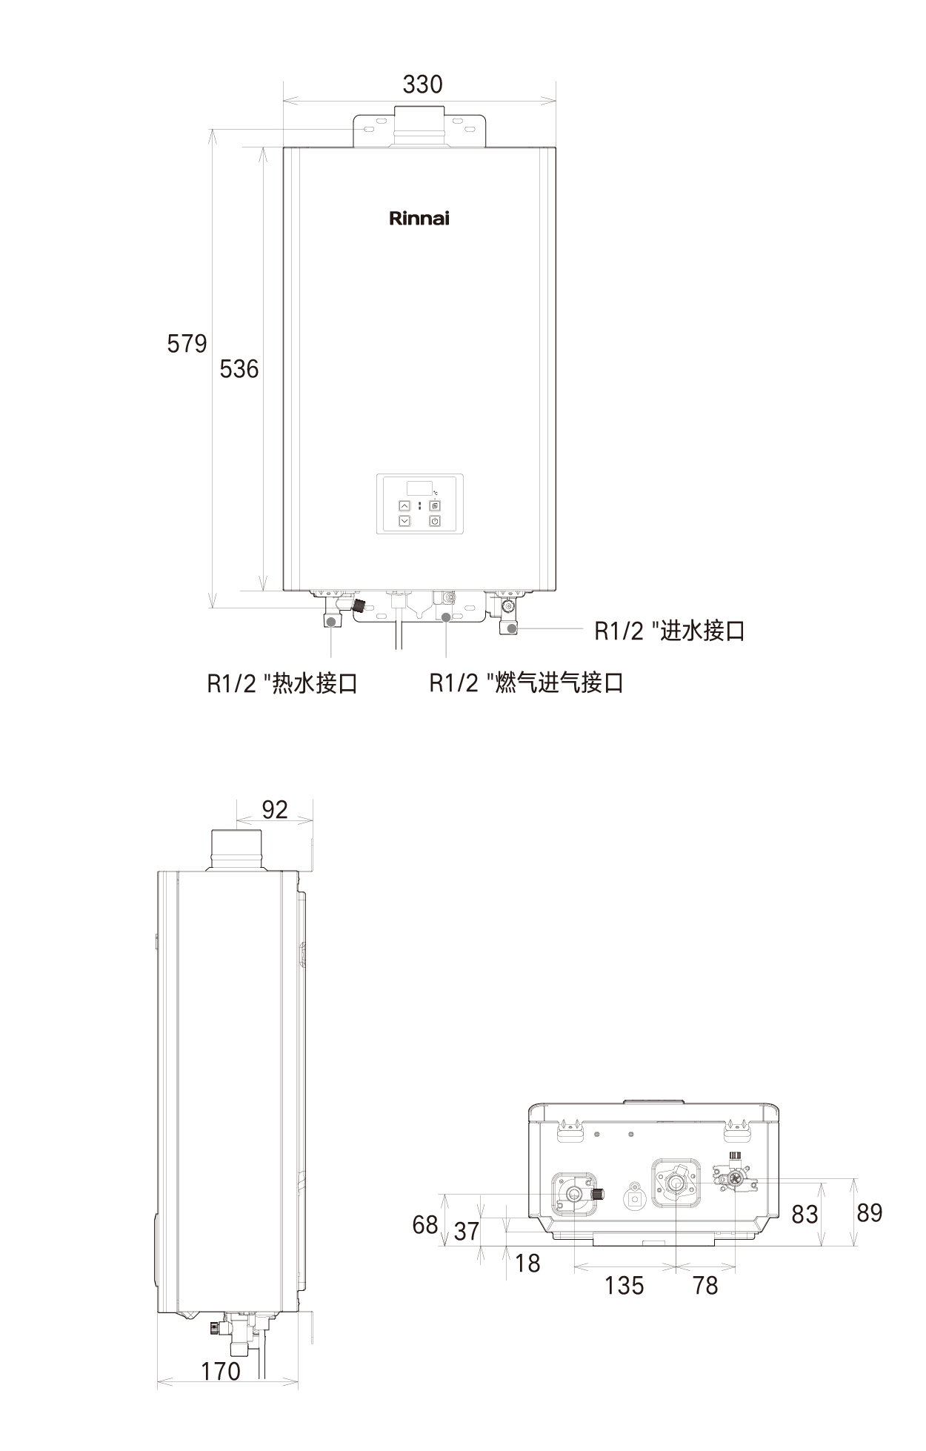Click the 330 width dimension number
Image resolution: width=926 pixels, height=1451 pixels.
422,84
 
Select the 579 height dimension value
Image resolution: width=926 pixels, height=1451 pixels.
187,344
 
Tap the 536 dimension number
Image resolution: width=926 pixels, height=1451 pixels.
239,368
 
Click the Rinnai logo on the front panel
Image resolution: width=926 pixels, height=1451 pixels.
419,219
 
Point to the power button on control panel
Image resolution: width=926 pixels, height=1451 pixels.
435,521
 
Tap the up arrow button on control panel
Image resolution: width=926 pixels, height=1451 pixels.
404,505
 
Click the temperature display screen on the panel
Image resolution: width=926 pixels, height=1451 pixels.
419,488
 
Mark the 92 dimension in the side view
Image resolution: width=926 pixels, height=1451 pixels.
275,809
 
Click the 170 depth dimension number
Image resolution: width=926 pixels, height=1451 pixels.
221,1372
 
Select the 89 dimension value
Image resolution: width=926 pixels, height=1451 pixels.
869,1213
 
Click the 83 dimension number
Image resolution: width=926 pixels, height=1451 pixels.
805,1215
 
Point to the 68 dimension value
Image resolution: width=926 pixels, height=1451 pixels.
425,1225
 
